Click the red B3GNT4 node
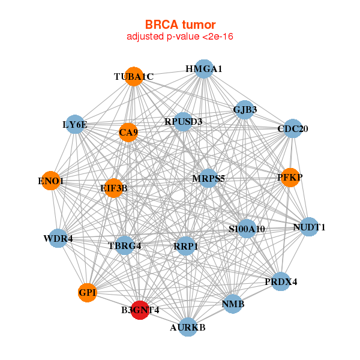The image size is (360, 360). [139, 310]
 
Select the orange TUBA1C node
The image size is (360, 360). [134, 76]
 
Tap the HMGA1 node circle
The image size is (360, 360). [204, 69]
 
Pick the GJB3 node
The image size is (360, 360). [245, 109]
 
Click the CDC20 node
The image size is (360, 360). [292, 128]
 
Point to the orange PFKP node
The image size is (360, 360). [290, 177]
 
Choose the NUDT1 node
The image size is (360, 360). [309, 227]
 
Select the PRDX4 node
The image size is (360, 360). [281, 281]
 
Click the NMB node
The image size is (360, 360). [233, 305]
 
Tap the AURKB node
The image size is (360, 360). [188, 327]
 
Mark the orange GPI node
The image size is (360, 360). [88, 292]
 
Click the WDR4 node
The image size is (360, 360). [58, 239]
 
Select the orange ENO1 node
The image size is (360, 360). [51, 181]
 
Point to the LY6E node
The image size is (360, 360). [74, 125]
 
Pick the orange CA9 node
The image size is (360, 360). [128, 132]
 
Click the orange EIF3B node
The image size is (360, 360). [113, 188]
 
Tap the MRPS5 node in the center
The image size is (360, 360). [208, 178]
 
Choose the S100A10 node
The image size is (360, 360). [247, 229]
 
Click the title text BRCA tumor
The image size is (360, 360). [179, 25]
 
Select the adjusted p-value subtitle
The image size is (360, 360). [179, 37]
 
